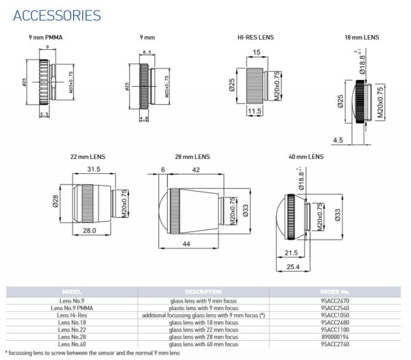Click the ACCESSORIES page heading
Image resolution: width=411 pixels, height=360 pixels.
click(58, 15)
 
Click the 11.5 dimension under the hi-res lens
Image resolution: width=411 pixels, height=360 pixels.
click(254, 110)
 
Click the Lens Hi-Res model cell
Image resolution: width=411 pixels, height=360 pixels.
click(72, 316)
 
